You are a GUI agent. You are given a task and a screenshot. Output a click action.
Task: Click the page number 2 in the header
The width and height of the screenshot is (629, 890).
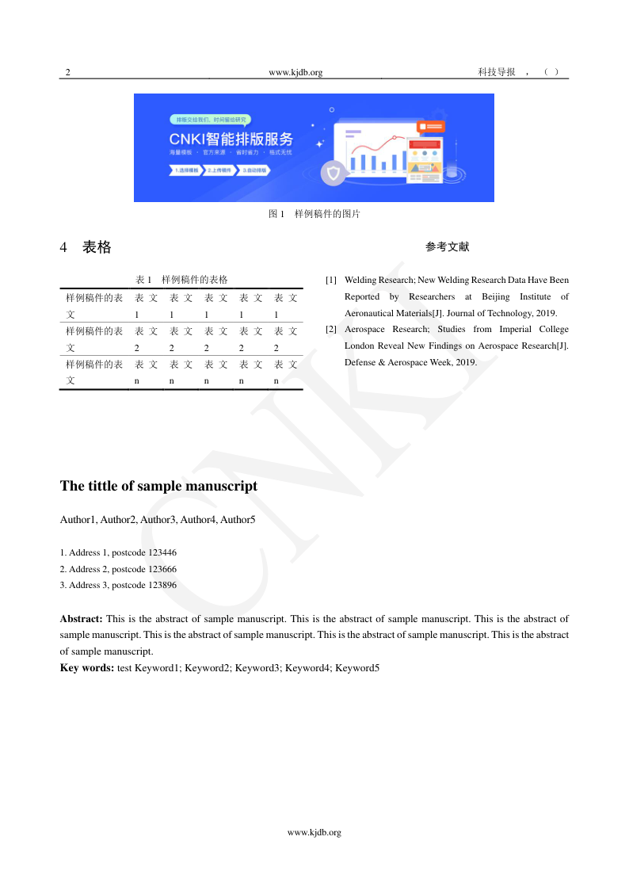[x=68, y=72]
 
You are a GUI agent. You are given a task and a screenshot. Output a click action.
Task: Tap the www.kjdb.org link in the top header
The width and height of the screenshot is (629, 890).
[x=295, y=72]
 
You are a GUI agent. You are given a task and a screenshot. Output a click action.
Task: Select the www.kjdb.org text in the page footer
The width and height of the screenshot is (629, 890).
[x=314, y=832]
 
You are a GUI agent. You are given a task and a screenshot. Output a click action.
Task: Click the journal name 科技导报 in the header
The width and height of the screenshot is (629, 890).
[x=497, y=72]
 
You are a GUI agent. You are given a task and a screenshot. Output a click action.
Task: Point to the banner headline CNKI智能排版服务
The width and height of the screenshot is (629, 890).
[x=231, y=139]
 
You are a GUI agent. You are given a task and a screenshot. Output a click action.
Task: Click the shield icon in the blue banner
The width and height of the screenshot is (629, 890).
[x=333, y=173]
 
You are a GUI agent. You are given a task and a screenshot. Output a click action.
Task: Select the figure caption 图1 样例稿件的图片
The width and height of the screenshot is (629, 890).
[x=314, y=214]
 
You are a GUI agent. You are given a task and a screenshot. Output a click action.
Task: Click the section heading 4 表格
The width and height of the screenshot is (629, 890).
[x=86, y=247]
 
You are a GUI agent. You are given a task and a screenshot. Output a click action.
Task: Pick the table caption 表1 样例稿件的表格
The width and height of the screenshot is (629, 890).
[x=181, y=280]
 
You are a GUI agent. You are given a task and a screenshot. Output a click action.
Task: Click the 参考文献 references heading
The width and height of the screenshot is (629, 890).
[x=447, y=247]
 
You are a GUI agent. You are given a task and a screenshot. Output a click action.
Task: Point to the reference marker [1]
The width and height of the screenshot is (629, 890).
[x=331, y=281]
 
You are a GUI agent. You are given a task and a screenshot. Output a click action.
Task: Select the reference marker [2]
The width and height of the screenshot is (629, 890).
[x=331, y=329]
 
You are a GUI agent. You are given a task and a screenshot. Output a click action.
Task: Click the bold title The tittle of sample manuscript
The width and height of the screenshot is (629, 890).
[x=158, y=486]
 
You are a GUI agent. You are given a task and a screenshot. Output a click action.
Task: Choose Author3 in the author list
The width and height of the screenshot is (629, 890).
[x=158, y=520]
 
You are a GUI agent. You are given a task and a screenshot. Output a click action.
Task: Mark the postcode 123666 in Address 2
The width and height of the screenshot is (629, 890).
[x=162, y=569]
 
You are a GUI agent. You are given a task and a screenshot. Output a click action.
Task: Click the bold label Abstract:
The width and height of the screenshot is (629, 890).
[x=82, y=618]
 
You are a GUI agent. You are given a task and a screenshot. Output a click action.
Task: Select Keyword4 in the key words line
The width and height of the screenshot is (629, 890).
[x=307, y=668]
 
